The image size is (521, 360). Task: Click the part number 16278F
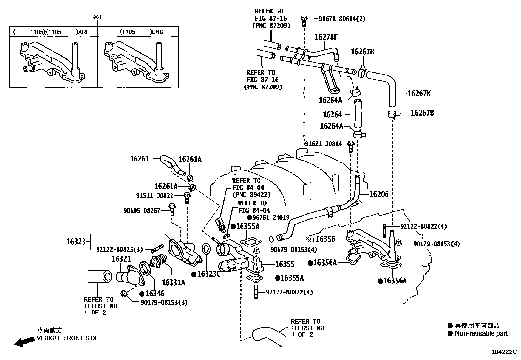[326, 37]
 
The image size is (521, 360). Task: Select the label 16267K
[419, 94]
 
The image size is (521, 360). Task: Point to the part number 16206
[379, 194]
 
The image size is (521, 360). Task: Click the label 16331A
[173, 282]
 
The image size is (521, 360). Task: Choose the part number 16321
[121, 259]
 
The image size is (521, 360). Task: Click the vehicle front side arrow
[25, 342]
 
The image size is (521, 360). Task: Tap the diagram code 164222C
[504, 352]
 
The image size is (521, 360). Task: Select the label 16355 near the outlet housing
[285, 264]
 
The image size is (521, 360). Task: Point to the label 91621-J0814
[323, 144]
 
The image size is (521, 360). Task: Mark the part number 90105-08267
[142, 211]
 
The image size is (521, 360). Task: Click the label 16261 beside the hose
[139, 159]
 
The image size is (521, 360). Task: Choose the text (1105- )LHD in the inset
[141, 32]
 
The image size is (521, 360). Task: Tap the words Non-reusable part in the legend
[481, 333]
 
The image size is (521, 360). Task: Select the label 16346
[154, 294]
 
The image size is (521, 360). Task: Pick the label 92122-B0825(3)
[119, 250]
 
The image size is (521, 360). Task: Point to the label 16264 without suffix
[332, 115]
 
